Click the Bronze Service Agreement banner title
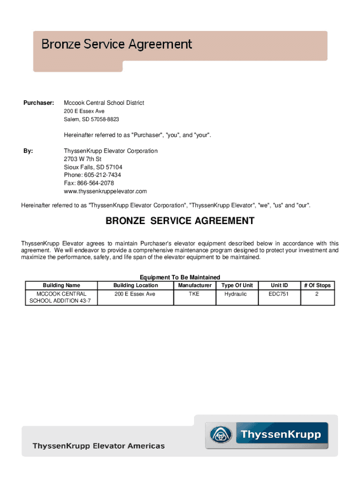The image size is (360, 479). (116, 44)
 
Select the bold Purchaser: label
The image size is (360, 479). (39, 102)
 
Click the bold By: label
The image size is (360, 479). (28, 151)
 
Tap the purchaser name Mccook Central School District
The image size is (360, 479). (104, 102)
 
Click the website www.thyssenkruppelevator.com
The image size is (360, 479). (105, 191)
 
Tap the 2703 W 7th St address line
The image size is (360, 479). (83, 159)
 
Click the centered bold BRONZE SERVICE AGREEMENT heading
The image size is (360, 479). (180, 221)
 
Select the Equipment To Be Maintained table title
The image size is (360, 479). (180, 277)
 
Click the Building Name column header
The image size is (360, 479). (61, 285)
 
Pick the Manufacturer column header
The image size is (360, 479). (194, 285)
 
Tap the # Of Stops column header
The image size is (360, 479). (317, 285)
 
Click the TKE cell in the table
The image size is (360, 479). (194, 294)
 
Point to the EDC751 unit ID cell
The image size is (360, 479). (279, 294)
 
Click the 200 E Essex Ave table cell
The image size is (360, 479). (135, 294)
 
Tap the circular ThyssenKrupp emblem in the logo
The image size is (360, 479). (219, 435)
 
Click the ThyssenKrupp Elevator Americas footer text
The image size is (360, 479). (98, 446)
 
